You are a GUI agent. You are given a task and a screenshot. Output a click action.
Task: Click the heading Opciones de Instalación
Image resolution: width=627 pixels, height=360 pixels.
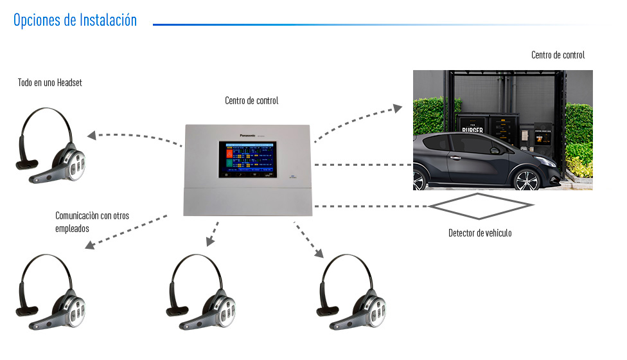(75, 20)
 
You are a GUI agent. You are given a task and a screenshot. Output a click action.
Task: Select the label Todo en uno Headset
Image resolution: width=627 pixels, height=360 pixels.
(50, 83)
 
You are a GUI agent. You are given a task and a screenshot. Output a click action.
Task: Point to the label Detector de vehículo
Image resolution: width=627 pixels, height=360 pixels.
(480, 233)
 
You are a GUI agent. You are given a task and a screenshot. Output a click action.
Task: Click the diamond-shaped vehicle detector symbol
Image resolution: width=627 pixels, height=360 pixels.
(481, 206)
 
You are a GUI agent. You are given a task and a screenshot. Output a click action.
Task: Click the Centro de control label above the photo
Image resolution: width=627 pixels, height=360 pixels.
(558, 55)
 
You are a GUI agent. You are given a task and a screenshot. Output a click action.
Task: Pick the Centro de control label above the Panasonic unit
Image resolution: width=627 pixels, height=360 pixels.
(251, 101)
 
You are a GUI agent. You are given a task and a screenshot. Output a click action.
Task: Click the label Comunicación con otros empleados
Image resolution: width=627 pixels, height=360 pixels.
(92, 222)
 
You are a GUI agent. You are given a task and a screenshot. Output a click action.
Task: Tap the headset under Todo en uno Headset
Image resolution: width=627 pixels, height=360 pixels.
(51, 148)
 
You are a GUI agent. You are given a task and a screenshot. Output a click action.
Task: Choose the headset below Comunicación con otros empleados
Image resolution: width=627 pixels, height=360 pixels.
(51, 290)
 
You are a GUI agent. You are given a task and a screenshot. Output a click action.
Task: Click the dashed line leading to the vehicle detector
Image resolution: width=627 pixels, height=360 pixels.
(369, 206)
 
